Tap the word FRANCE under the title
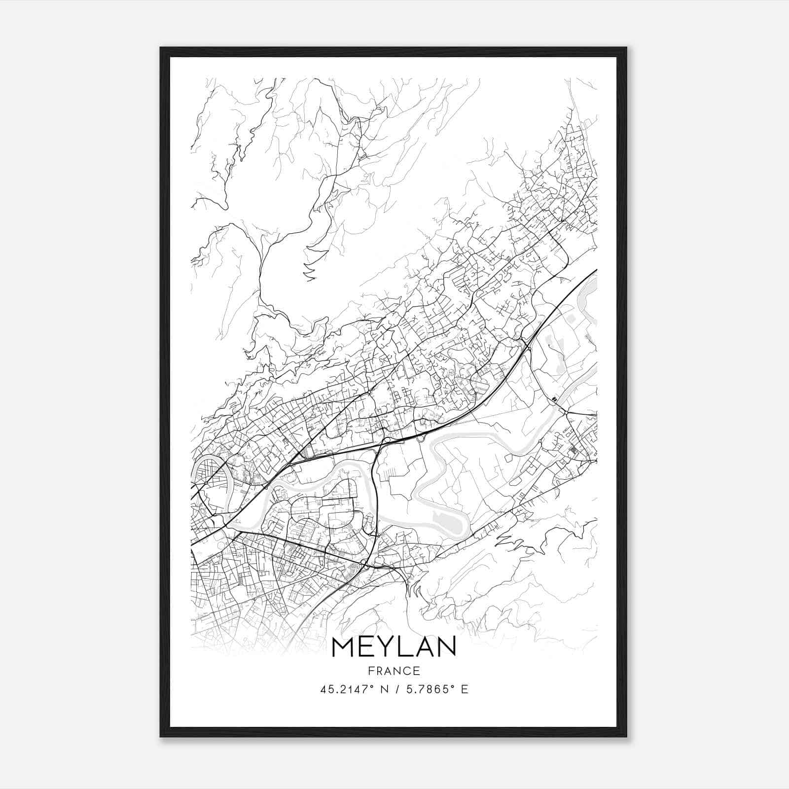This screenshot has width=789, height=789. (394, 671)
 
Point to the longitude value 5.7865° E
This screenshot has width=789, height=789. (436, 689)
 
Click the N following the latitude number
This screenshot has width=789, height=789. (381, 689)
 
